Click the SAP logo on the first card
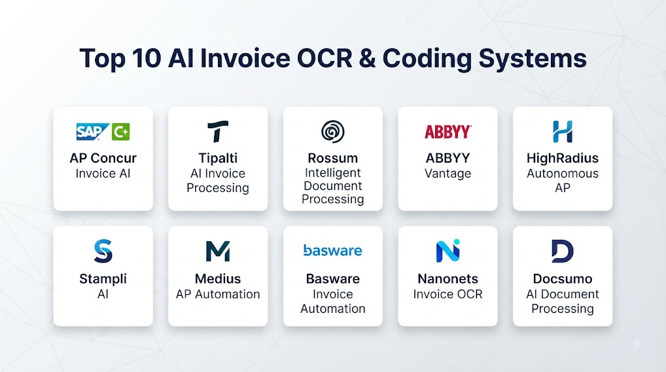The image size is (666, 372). coord(92,131)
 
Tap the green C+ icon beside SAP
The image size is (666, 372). coord(120,131)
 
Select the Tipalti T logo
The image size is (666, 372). coord(218,131)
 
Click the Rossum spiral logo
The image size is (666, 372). coord(332,131)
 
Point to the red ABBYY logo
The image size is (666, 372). coord(447,131)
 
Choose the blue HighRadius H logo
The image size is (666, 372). coord(563,131)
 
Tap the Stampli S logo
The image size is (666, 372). coord(103,251)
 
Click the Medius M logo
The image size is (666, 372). coord(218,251)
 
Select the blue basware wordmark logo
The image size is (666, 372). coord(332,250)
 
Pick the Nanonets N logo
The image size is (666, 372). coord(447,251)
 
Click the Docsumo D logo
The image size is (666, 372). coord(563,251)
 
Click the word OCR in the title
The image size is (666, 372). coord(325,58)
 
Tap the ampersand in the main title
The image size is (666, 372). coord(367,58)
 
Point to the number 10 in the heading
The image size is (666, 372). coord(146,58)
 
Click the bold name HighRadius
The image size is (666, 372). coord(563,158)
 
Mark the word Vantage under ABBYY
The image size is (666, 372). coord(447,174)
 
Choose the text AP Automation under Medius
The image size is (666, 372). coord(218,294)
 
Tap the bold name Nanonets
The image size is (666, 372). coord(447,278)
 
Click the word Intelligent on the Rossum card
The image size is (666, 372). coord(332,173)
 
